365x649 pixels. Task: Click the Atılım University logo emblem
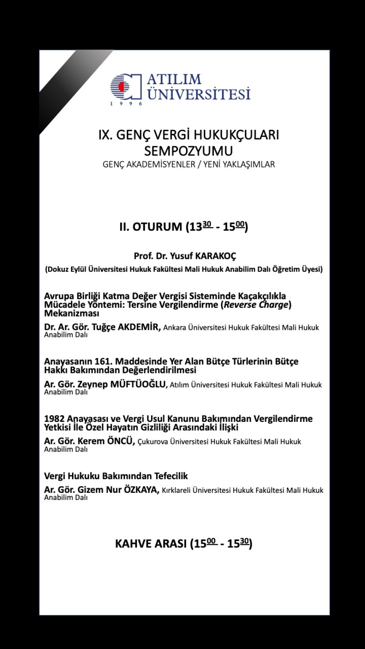(126, 87)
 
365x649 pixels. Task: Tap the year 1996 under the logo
(126, 104)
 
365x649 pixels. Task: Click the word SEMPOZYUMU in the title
(188, 151)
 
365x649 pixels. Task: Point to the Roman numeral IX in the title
(104, 135)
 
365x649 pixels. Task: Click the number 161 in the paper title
(103, 361)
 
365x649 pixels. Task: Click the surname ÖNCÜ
(120, 441)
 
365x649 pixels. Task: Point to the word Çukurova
(153, 442)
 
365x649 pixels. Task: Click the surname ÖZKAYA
(141, 490)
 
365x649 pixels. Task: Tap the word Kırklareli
(176, 490)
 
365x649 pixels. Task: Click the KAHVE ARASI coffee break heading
(184, 543)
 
